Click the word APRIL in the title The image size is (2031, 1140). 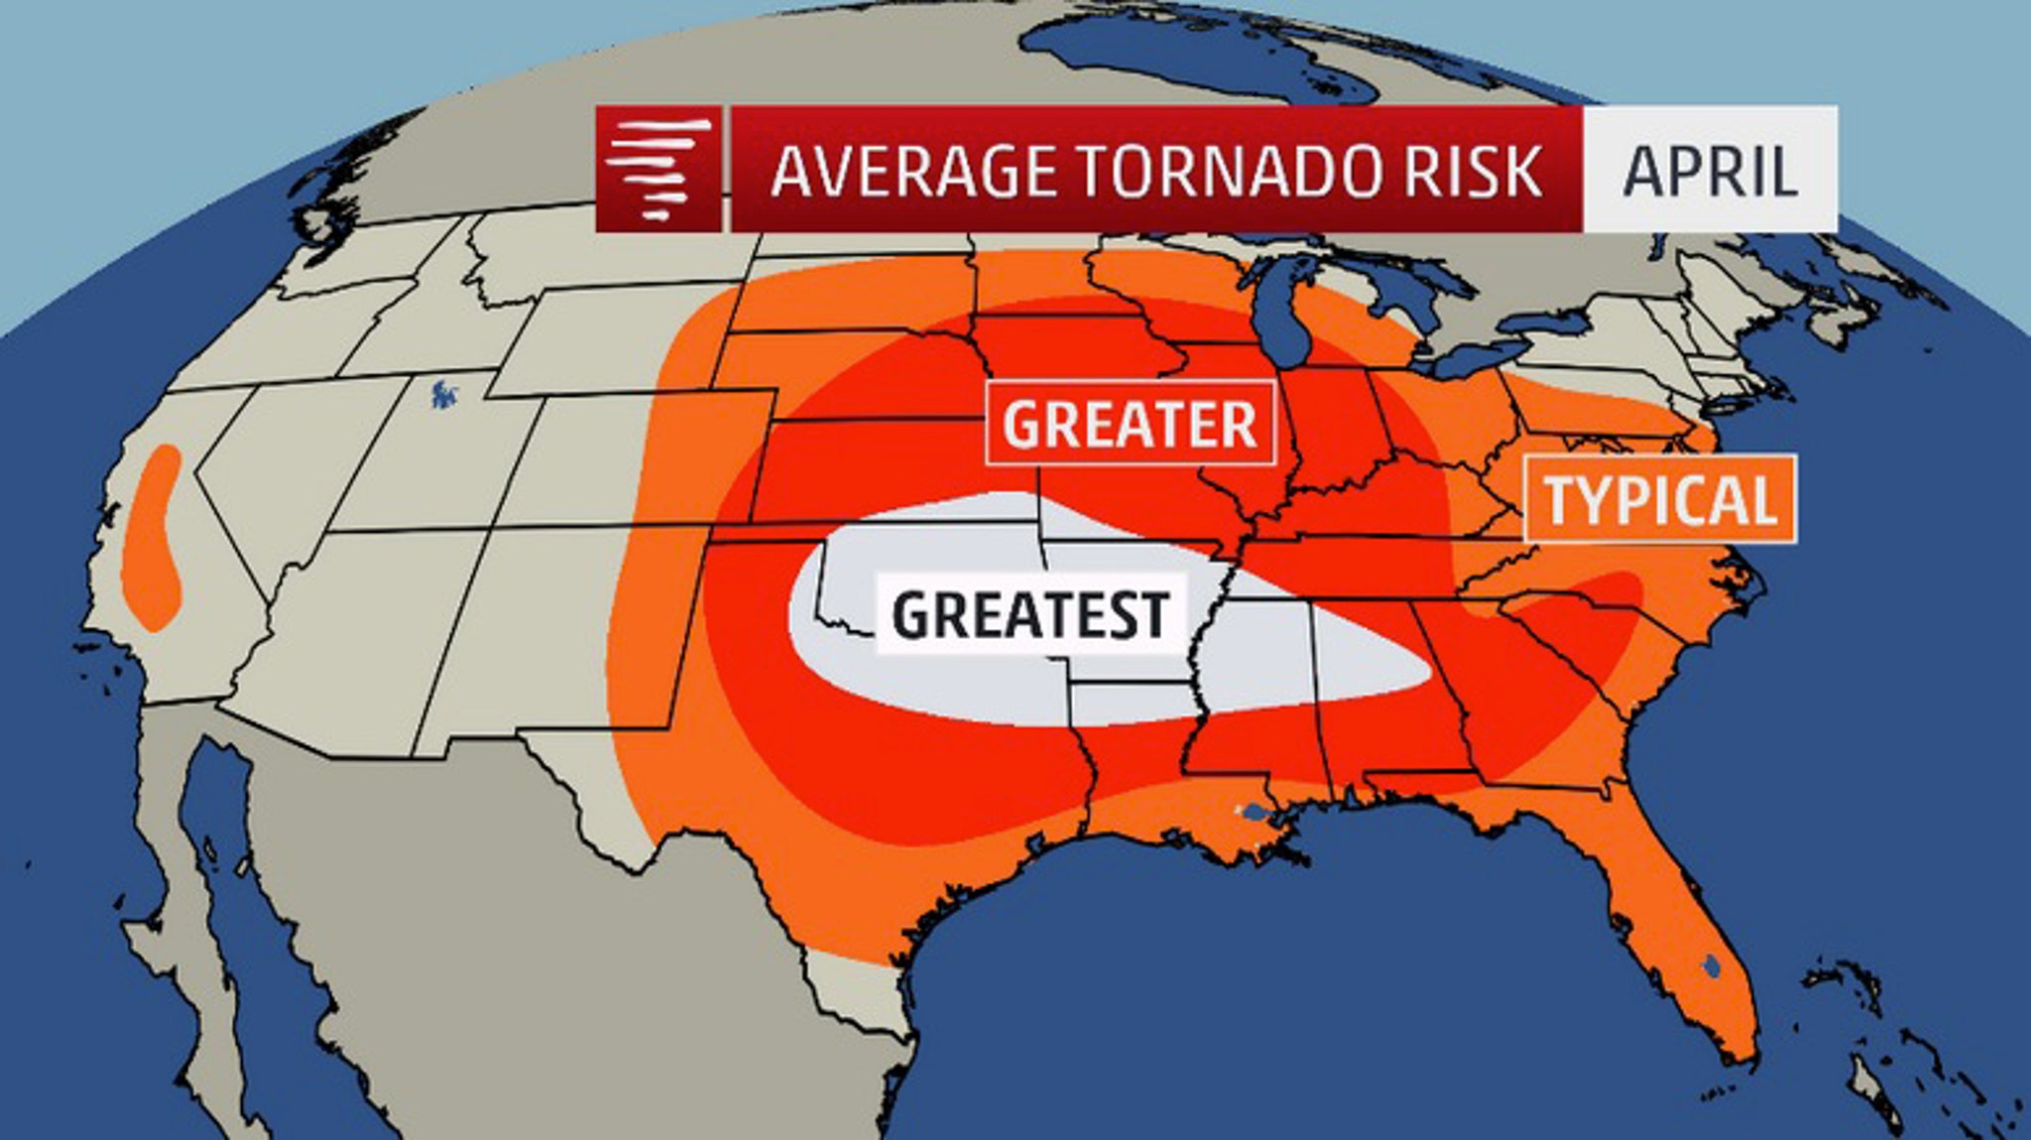point(1710,171)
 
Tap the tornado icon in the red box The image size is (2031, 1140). point(657,169)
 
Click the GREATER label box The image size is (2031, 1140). point(1130,424)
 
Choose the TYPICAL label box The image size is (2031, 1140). point(1659,499)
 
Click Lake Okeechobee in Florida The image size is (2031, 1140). point(1713,963)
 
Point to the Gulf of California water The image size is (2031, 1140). point(258,893)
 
